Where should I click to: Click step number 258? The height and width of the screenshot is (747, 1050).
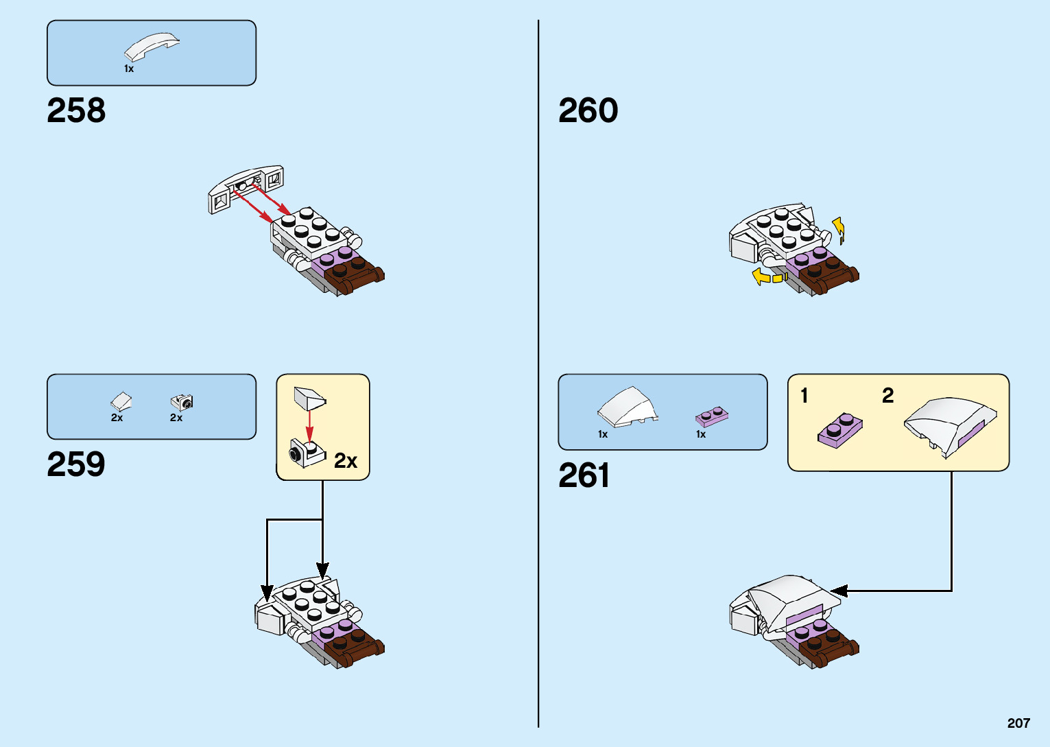tap(76, 110)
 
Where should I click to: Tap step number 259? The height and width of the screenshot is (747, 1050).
tap(76, 464)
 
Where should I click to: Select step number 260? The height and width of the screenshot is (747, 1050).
tap(588, 110)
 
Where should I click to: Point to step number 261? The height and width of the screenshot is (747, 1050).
tap(584, 475)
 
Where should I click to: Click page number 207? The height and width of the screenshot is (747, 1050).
tap(1018, 723)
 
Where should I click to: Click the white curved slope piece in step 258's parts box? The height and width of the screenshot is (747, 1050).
tap(152, 47)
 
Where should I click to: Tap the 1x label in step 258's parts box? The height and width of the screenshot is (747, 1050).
tap(129, 69)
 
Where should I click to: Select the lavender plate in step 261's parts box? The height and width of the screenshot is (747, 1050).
tap(712, 416)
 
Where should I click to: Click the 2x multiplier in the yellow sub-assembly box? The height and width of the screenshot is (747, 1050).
tap(346, 461)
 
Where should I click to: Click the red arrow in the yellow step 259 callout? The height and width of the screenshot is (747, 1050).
tap(309, 426)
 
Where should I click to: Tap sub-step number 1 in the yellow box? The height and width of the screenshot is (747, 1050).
tap(804, 396)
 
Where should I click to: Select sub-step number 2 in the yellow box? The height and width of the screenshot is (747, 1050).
tap(887, 396)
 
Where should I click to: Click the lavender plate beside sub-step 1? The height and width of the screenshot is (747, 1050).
tap(840, 430)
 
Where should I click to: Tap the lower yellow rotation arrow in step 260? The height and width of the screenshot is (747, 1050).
tap(766, 277)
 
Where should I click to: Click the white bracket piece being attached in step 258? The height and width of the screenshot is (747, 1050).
tap(246, 188)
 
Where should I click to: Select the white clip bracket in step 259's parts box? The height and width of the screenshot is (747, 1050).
tap(182, 402)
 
